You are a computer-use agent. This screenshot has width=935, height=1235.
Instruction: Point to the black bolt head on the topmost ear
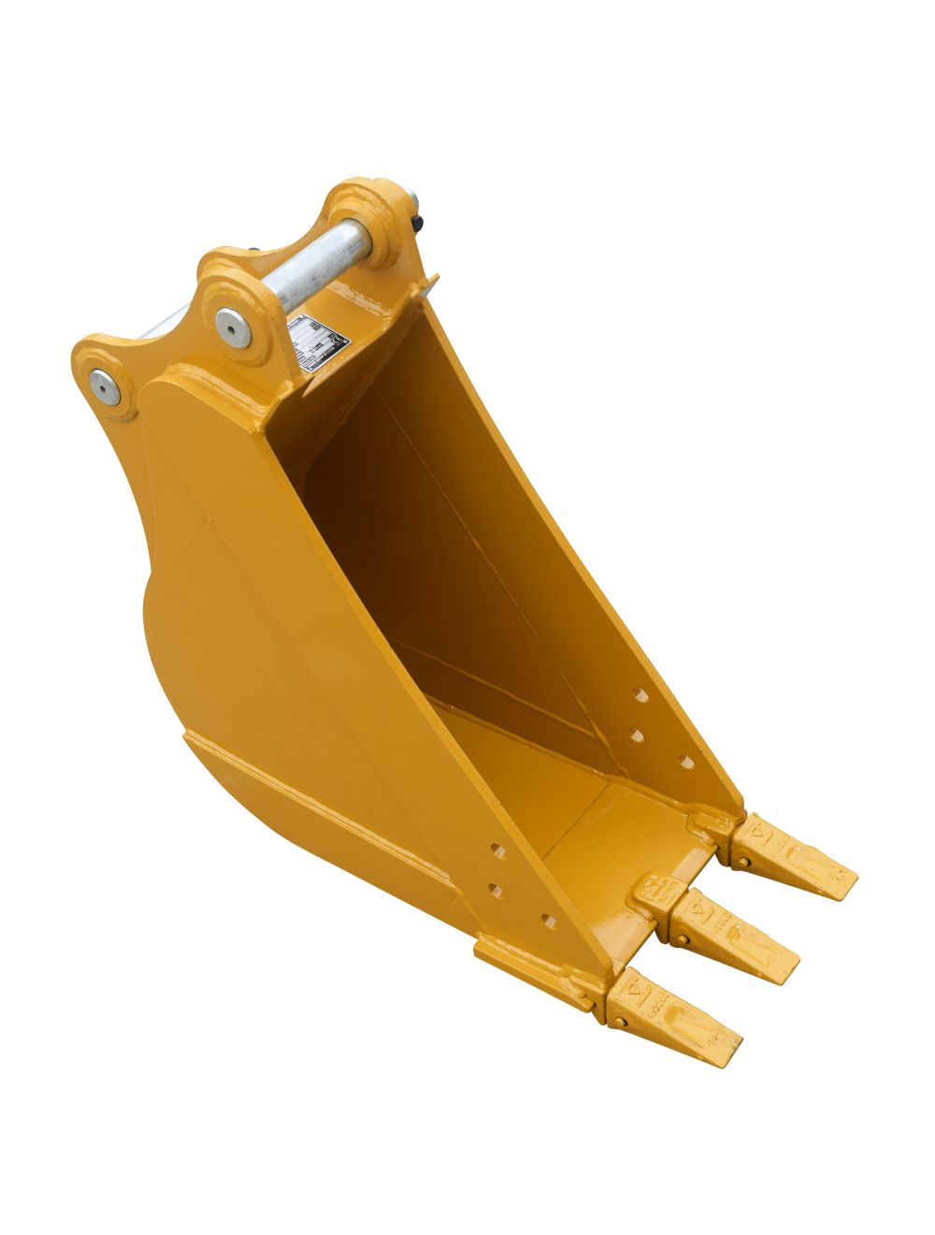pyautogui.click(x=417, y=223)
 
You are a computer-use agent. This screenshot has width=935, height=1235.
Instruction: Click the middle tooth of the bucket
pyautogui.click(x=733, y=935)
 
